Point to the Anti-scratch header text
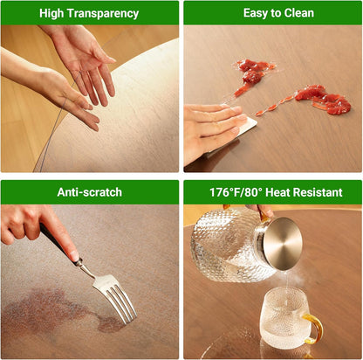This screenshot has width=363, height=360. coord(90,192)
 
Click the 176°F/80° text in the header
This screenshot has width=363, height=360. coord(237,192)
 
